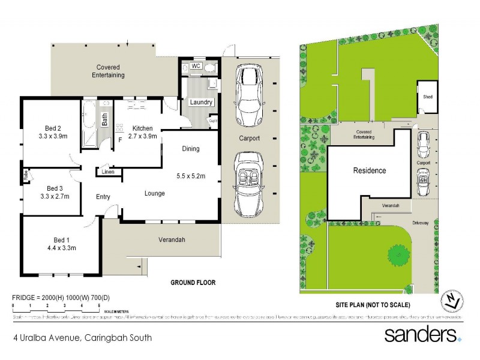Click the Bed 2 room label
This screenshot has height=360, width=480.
[x=53, y=128]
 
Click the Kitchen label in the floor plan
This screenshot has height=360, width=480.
[x=143, y=128]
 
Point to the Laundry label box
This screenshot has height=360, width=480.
[x=201, y=102]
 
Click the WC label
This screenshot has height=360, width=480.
[x=196, y=66]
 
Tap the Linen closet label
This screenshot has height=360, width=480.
[x=108, y=172]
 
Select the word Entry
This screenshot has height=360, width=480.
[x=103, y=197]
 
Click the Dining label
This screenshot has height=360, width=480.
[x=190, y=149]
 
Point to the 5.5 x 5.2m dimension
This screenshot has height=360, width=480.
[x=191, y=176]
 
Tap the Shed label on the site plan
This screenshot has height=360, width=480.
[x=428, y=97]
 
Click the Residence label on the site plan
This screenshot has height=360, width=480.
[x=369, y=170]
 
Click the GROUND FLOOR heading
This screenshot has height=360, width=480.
[x=193, y=282]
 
